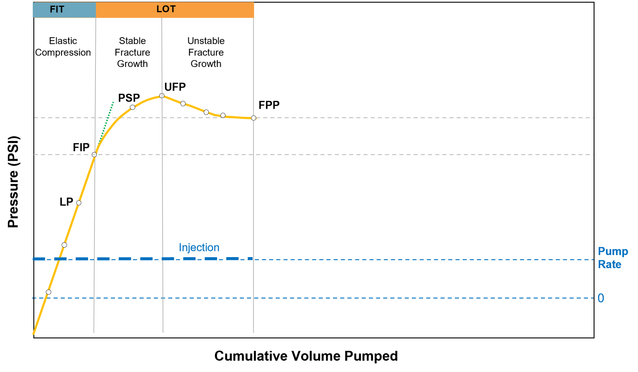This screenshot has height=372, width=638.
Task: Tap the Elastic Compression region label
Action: [63, 47]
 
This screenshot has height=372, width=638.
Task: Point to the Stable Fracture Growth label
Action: [132, 52]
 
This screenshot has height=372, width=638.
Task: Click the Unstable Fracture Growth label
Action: [206, 52]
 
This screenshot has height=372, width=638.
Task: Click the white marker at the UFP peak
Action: [162, 96]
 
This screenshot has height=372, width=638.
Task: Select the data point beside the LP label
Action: [79, 203]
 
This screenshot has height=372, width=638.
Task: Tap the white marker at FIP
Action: [94, 155]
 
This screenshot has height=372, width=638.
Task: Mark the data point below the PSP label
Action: [132, 107]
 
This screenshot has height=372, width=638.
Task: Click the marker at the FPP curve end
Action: [254, 118]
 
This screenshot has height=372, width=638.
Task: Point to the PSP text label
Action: [129, 98]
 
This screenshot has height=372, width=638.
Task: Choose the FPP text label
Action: [269, 105]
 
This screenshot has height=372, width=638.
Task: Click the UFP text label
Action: [175, 87]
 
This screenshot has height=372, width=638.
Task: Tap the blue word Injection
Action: [199, 247]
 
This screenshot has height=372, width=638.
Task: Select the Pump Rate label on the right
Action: [612, 258]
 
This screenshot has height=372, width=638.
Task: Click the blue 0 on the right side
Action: [601, 298]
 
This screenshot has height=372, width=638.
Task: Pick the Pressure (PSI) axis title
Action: [13, 182]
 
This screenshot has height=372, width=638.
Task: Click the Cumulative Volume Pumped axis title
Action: [306, 356]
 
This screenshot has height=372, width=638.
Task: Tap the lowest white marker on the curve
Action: [48, 292]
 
